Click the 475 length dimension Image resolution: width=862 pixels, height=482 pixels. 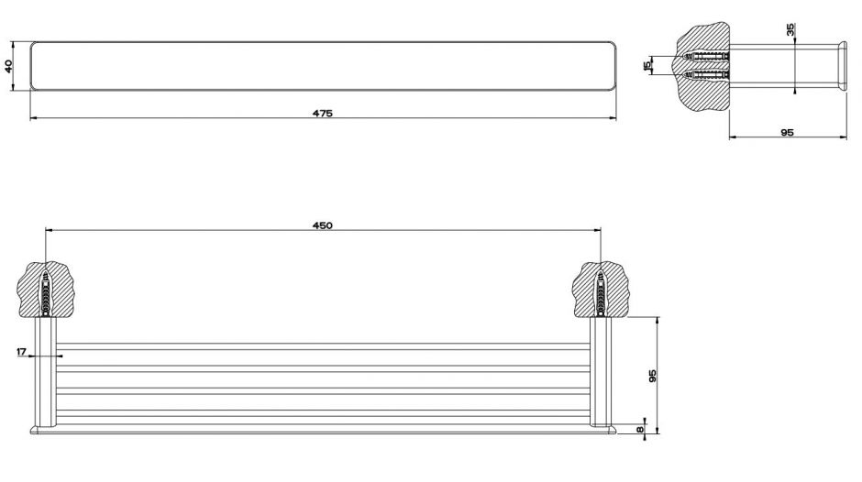tap(323, 114)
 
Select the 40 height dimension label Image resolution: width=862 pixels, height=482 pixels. tap(8, 66)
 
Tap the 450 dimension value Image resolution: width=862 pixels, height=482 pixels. tap(323, 225)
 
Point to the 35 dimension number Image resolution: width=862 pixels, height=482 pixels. tap(790, 29)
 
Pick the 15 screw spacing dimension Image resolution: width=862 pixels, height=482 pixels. tap(647, 65)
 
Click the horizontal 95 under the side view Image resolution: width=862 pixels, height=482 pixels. tap(787, 133)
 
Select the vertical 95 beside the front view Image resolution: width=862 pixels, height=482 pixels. tap(653, 376)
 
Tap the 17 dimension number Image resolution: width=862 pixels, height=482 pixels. tap(21, 352)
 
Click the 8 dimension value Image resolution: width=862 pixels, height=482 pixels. tap(640, 429)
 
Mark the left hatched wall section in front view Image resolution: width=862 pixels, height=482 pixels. tap(45, 289)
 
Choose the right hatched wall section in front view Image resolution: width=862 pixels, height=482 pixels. tap(601, 289)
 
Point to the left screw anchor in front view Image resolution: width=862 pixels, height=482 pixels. tap(46, 293)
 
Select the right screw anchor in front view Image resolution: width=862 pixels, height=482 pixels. tap(601, 293)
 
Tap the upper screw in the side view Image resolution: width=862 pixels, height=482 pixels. tap(706, 56)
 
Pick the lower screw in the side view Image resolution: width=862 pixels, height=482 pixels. tap(706, 74)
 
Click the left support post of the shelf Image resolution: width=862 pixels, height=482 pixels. tap(46, 371)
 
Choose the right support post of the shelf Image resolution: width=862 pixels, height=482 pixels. tap(601, 371)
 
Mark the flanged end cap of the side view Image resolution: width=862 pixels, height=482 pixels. tap(842, 65)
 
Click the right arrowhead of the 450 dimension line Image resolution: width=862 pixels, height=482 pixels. tap(598, 230)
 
